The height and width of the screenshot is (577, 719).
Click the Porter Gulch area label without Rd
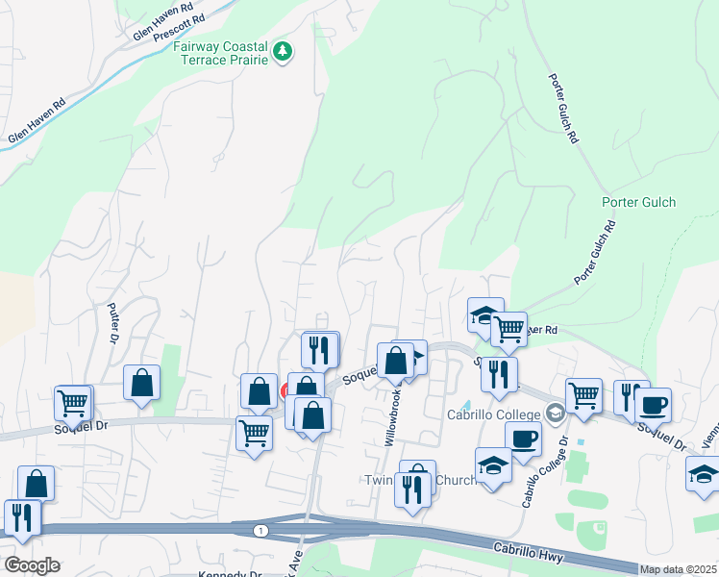click(639, 202)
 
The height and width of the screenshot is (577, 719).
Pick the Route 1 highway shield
click(260, 531)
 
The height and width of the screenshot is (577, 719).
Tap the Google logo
click(31, 565)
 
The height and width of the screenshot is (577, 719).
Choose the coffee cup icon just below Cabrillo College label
click(524, 438)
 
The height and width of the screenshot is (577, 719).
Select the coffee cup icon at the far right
click(654, 404)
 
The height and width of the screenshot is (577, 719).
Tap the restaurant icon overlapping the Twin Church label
click(414, 489)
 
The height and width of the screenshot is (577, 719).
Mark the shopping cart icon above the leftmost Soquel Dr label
click(72, 403)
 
